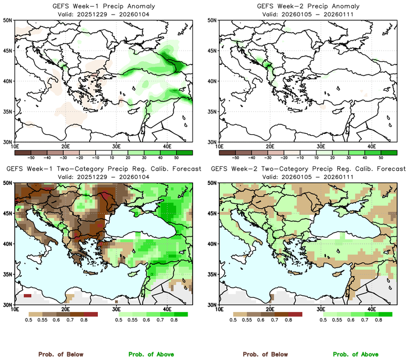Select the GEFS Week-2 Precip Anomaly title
[307, 5]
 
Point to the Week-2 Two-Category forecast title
[307, 169]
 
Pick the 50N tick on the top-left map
[8, 21]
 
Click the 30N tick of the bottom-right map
[213, 305]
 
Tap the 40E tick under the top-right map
[372, 146]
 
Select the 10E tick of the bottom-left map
[15, 309]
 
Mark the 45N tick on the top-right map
[213, 51]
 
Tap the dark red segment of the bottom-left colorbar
[91, 314]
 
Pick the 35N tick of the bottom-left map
[8, 274]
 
